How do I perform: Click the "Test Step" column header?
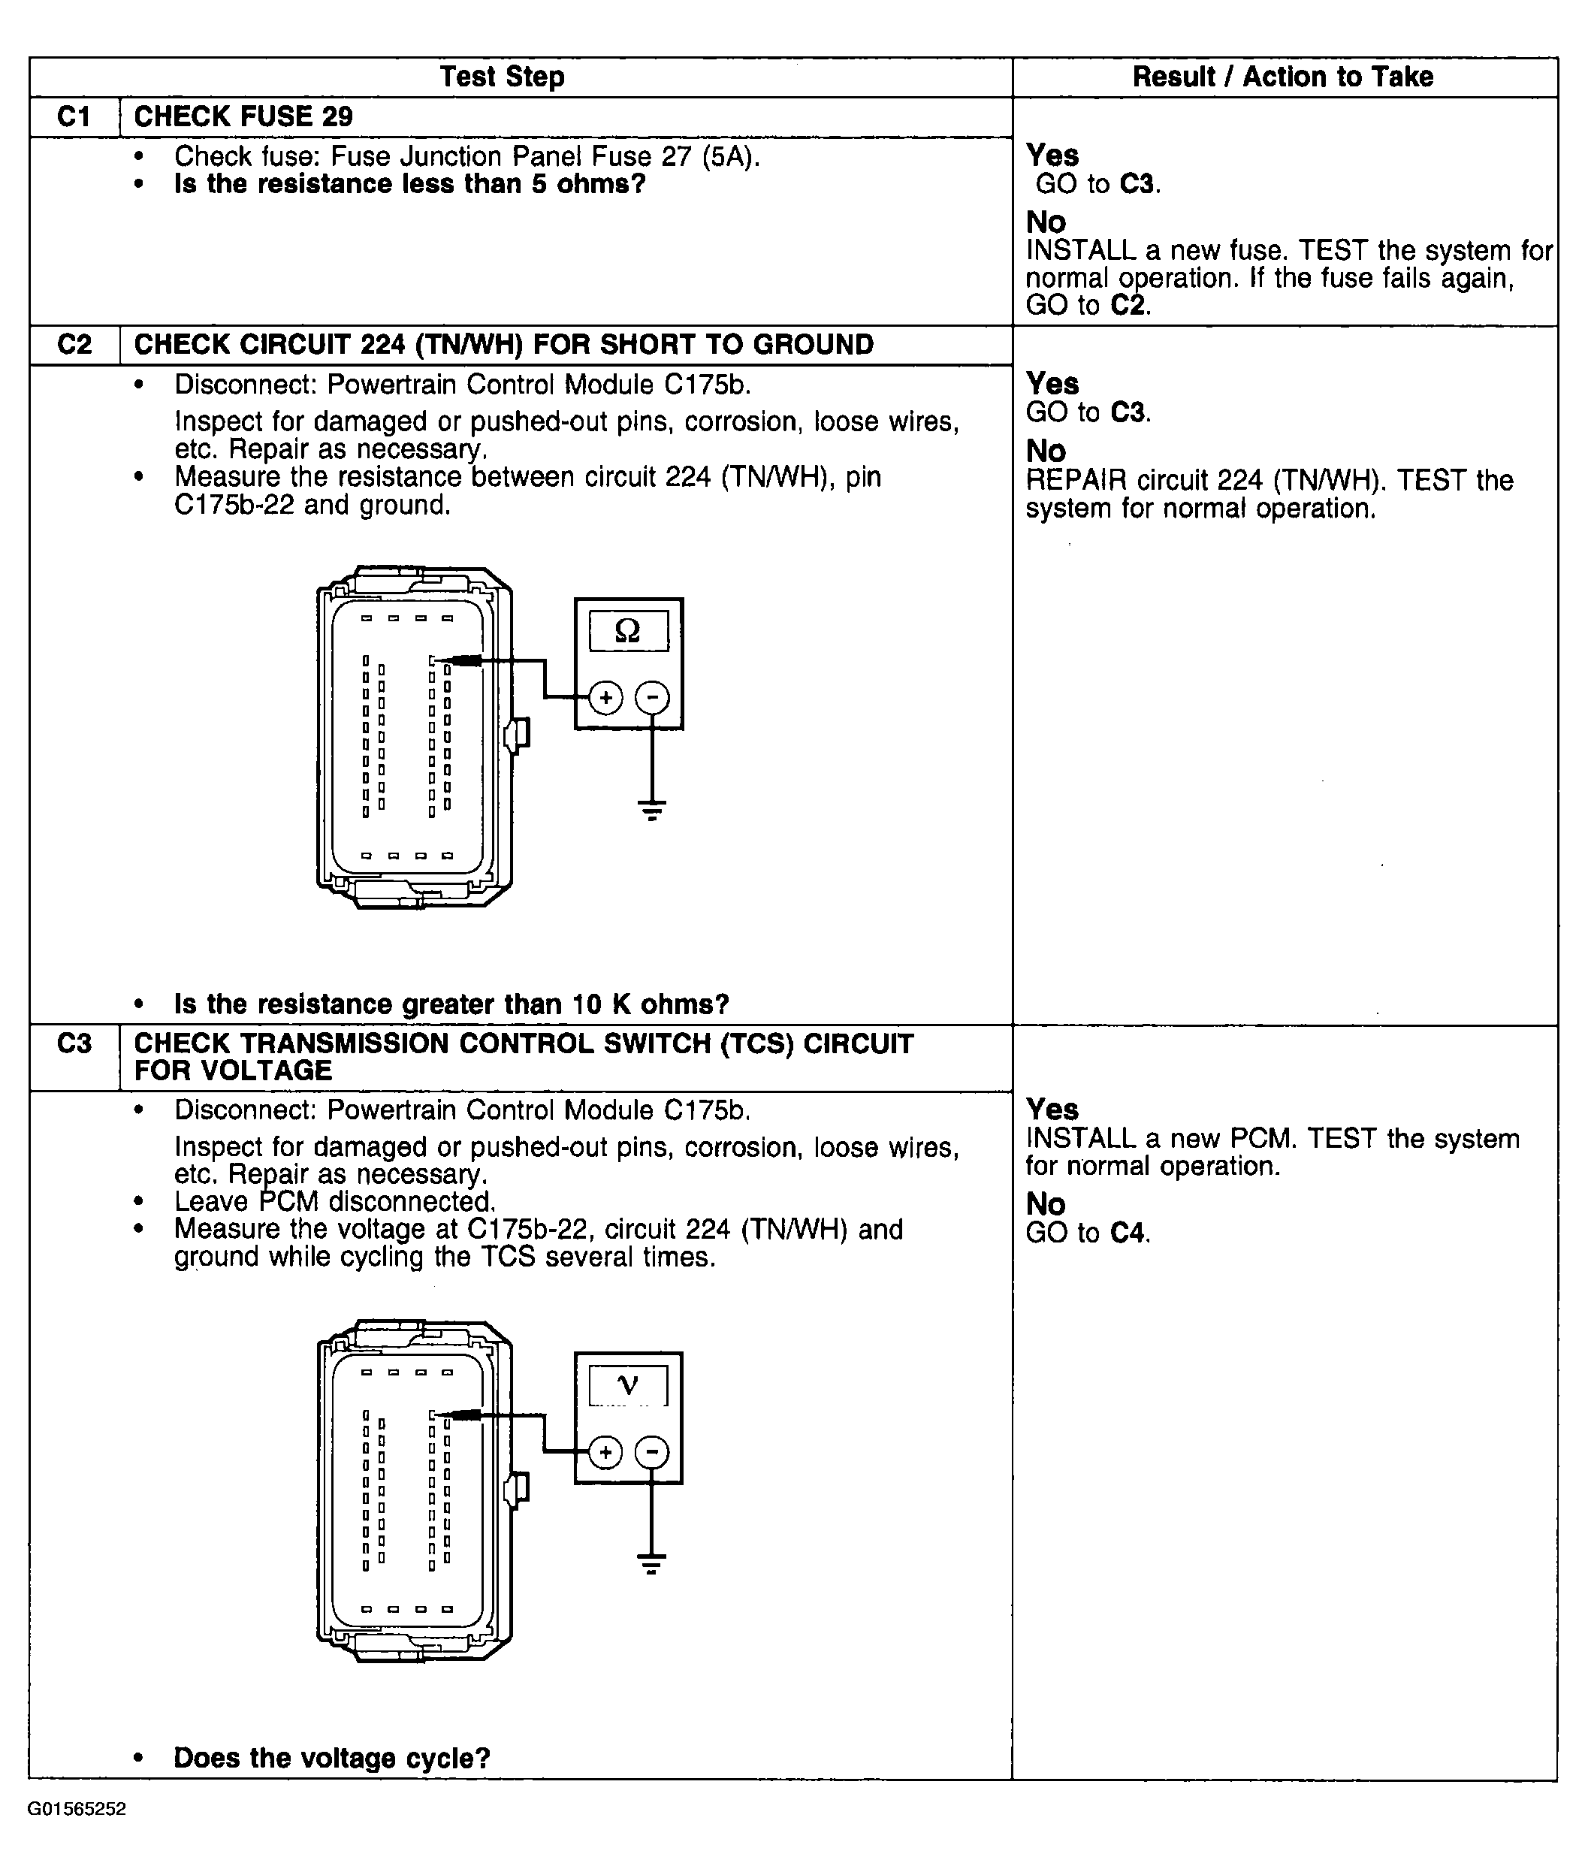503,77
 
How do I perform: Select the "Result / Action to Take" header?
1282,77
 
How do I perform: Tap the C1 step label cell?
74,117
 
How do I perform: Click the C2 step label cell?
74,345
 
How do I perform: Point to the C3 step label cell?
74,1044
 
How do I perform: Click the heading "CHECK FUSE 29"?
243,117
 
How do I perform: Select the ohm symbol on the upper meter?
627,631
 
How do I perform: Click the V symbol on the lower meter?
627,1385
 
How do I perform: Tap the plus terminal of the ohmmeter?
606,698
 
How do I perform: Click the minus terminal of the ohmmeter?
653,698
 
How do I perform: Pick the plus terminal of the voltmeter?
606,1451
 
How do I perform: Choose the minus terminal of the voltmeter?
653,1451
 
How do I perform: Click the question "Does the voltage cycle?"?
331,1759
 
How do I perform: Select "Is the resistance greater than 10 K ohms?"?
451,1004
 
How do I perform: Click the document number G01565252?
77,1809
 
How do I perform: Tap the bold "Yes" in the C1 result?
1052,155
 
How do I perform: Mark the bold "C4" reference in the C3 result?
1129,1233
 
